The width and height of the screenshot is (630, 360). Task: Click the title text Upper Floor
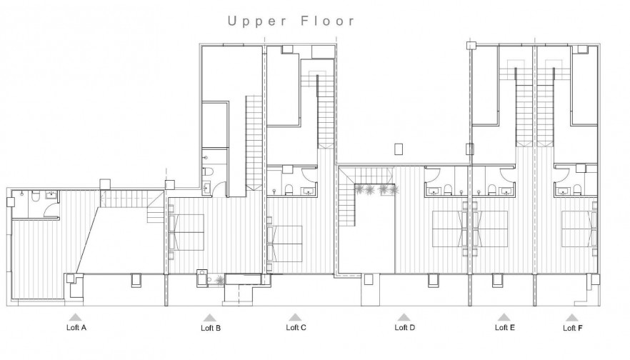pos(291,21)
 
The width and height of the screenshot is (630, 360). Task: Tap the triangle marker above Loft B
pos(209,317)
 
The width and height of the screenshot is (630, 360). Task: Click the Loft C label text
pos(296,328)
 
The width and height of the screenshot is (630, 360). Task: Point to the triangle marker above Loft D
pos(404,317)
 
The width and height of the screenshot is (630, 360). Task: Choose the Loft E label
pos(504,328)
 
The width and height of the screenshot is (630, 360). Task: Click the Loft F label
pos(572,328)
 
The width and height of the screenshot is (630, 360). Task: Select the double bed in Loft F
pos(579,229)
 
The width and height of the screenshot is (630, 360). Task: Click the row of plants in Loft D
pos(375,189)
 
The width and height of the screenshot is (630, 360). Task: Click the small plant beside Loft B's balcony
pos(219,280)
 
